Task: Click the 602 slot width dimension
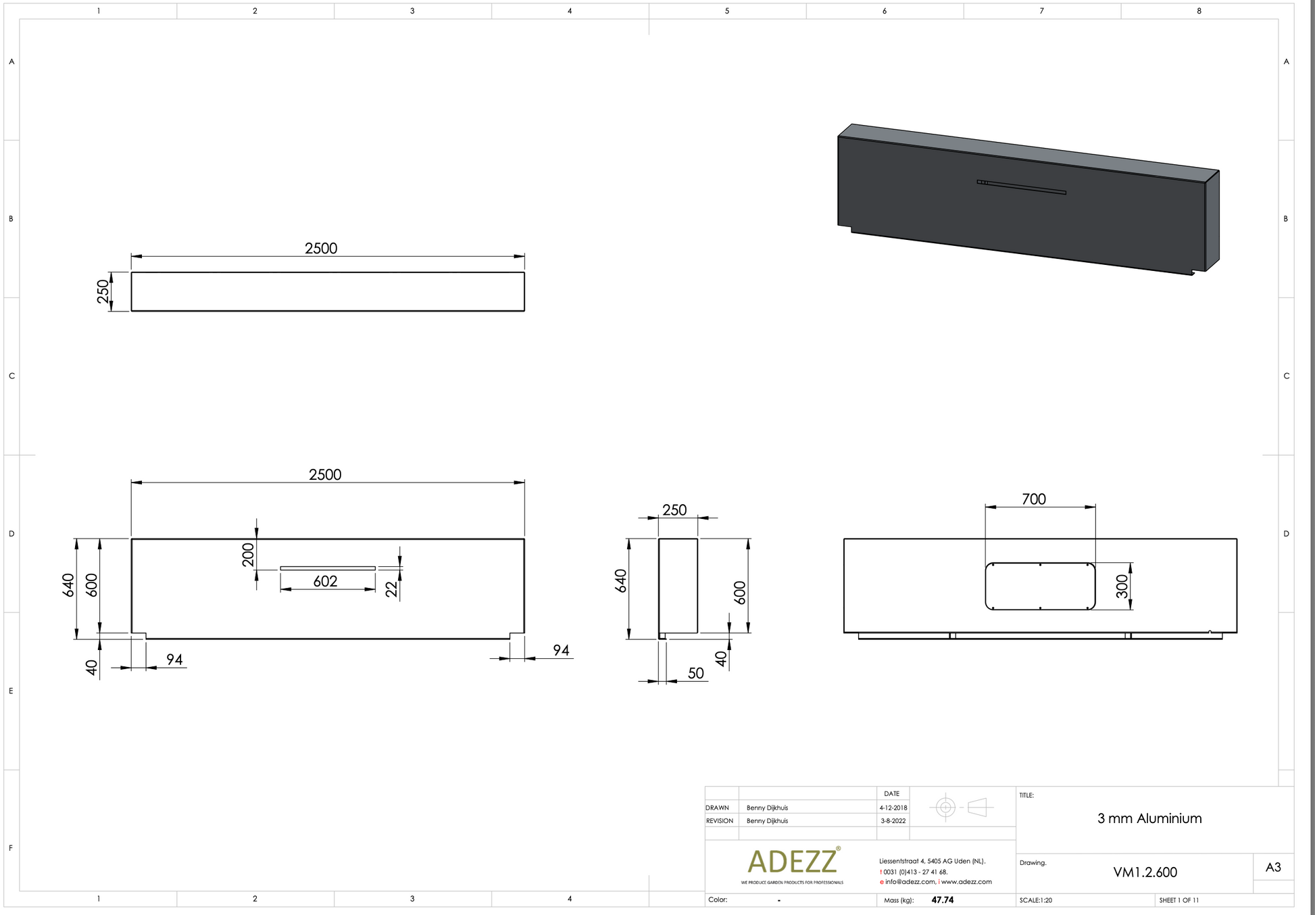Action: click(325, 581)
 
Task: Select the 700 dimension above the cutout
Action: click(1033, 499)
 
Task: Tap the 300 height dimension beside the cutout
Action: click(1122, 586)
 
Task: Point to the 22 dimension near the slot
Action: click(391, 589)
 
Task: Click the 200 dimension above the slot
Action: click(248, 554)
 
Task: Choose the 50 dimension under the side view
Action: click(695, 673)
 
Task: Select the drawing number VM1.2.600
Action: click(1145, 872)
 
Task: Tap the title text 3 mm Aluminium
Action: click(1149, 818)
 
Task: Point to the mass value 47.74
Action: click(942, 900)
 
